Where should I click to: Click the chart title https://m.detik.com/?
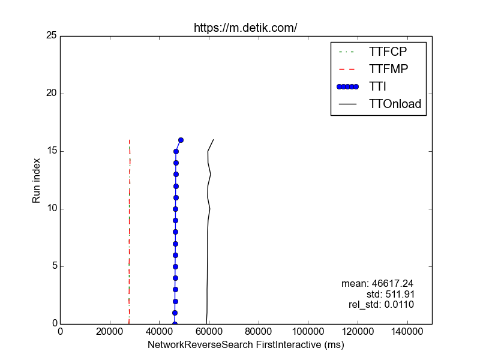pos(245,28)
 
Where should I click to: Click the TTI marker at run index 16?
pos(181,140)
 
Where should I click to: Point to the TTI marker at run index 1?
pos(175,313)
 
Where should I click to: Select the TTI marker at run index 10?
pos(175,209)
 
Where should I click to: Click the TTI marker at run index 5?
pos(175,266)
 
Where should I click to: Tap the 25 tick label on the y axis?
pos(51,36)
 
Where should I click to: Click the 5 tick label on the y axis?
pos(53,266)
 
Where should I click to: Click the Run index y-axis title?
pos(37,180)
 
